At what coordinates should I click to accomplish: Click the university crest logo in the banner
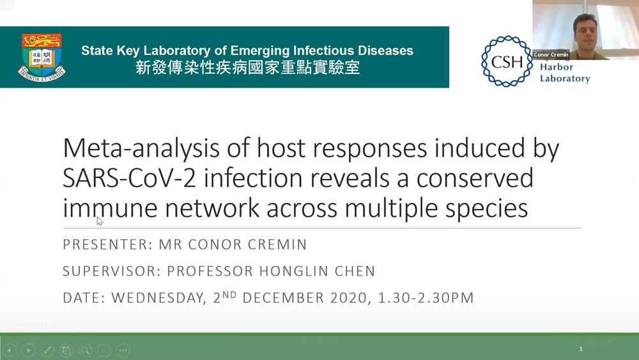click(42, 57)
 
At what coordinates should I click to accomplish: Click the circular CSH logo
click(507, 61)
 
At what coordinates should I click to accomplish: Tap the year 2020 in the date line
click(350, 297)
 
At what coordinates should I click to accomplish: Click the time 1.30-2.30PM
click(426, 297)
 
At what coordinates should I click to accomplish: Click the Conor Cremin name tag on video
click(551, 54)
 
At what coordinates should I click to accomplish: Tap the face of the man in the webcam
click(585, 31)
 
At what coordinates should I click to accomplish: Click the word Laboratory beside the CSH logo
click(565, 78)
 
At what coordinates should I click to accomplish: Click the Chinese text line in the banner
click(247, 68)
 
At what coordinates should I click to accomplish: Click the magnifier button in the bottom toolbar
click(85, 350)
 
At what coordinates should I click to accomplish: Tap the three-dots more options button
click(123, 350)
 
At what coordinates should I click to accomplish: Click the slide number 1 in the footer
click(581, 349)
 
